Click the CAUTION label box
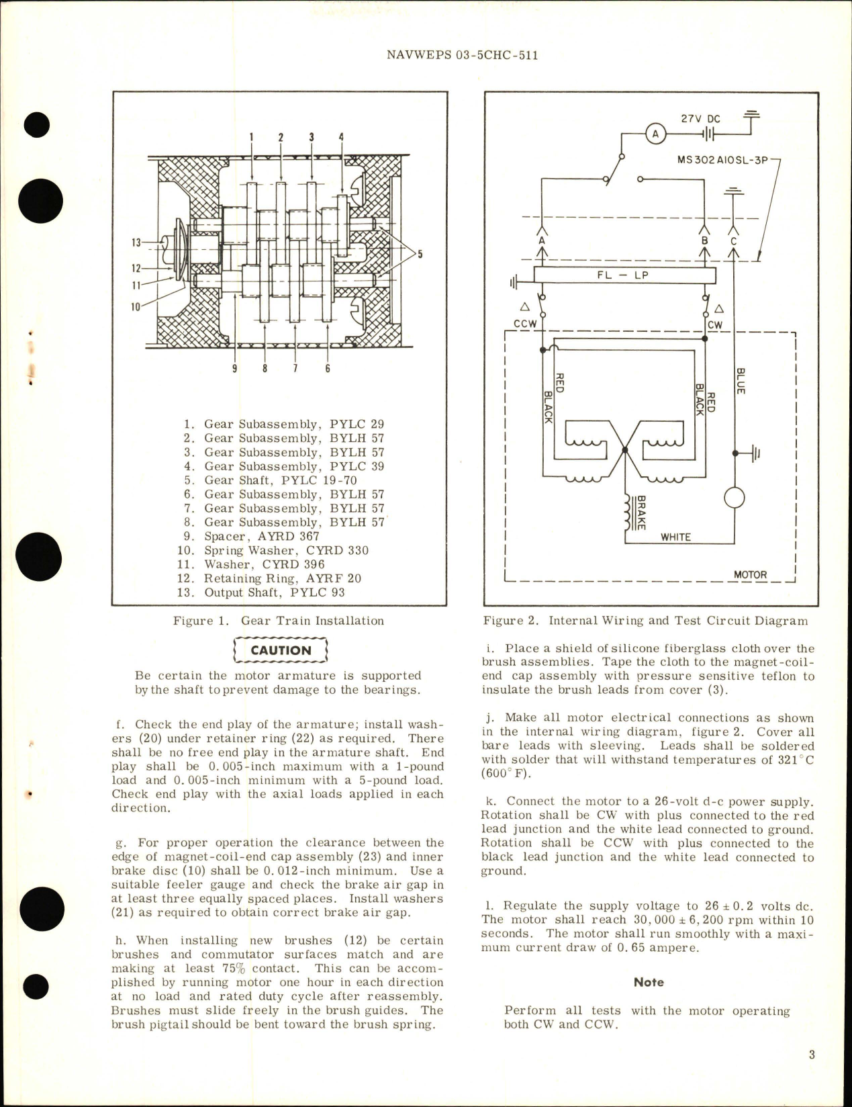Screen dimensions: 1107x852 [281, 650]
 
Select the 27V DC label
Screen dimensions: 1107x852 [700, 119]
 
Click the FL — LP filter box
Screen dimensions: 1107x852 [624, 275]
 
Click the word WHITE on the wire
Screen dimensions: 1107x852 [675, 537]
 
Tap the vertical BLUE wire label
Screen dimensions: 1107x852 [740, 380]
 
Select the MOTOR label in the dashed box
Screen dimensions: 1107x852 [751, 575]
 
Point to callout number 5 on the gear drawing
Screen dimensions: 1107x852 [421, 253]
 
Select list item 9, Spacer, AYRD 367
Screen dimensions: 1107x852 [252, 536]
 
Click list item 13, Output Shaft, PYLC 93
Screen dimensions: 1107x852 [265, 592]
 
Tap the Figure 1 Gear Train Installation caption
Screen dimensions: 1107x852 [278, 621]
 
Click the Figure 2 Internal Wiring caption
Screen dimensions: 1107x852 [644, 621]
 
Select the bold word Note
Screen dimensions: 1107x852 [649, 982]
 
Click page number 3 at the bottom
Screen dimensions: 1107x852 [811, 1055]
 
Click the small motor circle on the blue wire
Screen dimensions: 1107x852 [735, 498]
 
